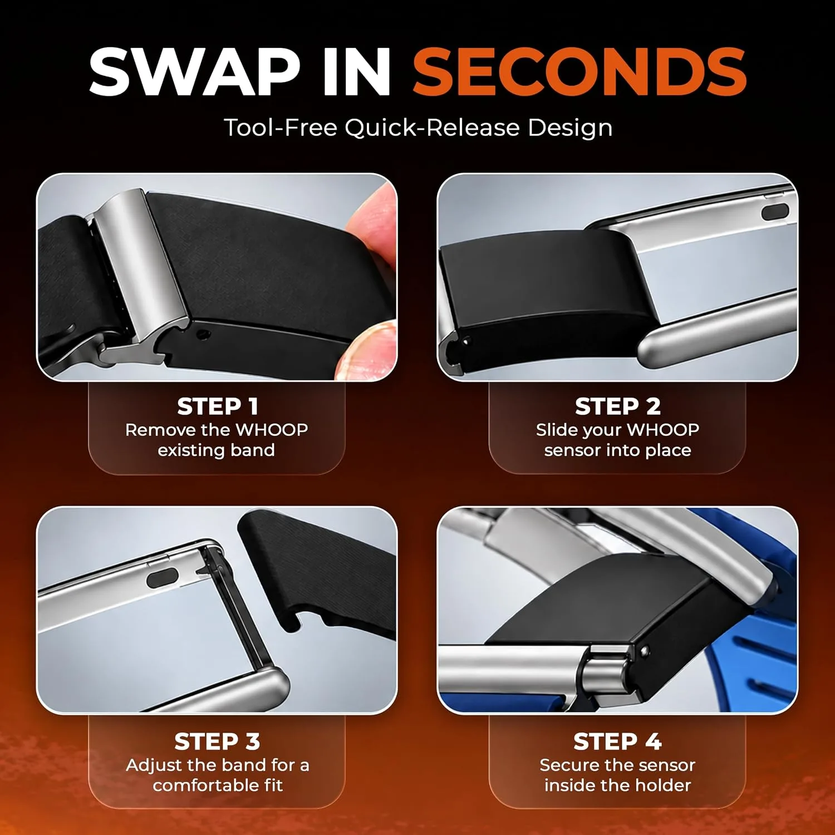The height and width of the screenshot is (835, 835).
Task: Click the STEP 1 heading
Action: coord(218,406)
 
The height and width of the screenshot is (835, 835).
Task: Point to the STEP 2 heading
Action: coord(618,406)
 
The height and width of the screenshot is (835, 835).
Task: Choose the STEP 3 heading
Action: coord(217,741)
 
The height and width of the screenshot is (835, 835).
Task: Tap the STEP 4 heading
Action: coord(618,741)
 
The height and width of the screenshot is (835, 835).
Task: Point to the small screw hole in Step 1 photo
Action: coord(204,335)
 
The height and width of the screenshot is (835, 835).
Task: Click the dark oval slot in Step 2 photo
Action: coord(774,212)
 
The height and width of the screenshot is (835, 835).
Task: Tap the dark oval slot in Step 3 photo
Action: coord(162,579)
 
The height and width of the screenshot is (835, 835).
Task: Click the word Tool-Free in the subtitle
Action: coord(281,127)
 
